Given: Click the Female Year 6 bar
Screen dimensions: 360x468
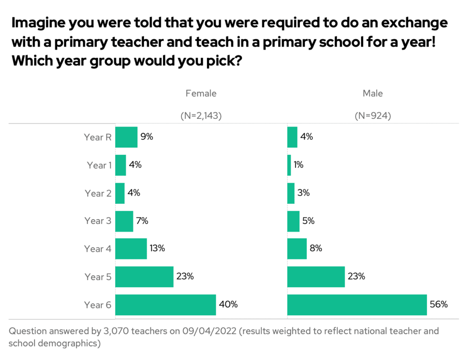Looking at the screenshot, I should (165, 305).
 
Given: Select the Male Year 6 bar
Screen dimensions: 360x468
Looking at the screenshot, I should (357, 305).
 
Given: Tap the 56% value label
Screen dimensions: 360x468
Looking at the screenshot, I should (438, 305).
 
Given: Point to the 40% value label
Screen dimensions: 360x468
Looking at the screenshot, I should (229, 305).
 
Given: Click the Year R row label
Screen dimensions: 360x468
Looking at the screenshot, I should (97, 137).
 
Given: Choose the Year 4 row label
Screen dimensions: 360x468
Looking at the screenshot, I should (97, 249).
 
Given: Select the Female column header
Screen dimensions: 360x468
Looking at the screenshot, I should (201, 93).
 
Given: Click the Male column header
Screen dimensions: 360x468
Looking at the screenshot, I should (373, 93).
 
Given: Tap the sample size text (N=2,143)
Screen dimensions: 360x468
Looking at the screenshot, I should (201, 116).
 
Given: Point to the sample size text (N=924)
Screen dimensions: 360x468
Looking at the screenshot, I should (373, 116).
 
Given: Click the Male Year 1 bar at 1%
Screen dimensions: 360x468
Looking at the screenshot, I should (289, 165).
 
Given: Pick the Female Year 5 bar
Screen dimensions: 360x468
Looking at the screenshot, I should (144, 277).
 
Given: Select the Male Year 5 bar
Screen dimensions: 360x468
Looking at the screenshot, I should (316, 277).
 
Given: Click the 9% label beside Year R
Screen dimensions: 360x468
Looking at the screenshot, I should (147, 137).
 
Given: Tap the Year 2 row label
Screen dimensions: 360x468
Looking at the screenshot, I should (97, 193).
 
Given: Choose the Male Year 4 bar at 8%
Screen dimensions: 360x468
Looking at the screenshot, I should (297, 249).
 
